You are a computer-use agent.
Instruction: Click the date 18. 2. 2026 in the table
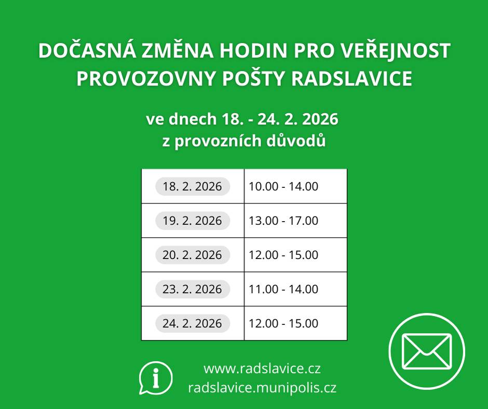point(192,186)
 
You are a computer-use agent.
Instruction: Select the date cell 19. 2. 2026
point(192,221)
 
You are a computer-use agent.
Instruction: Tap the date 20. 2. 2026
point(192,255)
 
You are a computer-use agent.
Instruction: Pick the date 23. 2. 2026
point(192,289)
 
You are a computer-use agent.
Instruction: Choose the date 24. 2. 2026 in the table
point(192,323)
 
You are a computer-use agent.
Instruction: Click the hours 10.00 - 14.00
point(283,186)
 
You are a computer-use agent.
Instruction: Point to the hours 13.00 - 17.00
point(283,221)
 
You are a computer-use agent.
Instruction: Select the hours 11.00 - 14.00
point(283,289)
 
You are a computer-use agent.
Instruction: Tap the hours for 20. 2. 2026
point(283,255)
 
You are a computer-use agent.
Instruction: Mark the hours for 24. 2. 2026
point(283,323)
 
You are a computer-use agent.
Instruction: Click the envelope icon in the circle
point(427,351)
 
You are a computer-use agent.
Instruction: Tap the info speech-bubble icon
point(155,377)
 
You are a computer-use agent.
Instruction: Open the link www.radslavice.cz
point(262,369)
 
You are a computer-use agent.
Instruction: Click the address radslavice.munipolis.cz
point(262,387)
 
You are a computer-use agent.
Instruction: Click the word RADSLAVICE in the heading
point(353,78)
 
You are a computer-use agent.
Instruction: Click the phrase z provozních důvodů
point(244,141)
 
